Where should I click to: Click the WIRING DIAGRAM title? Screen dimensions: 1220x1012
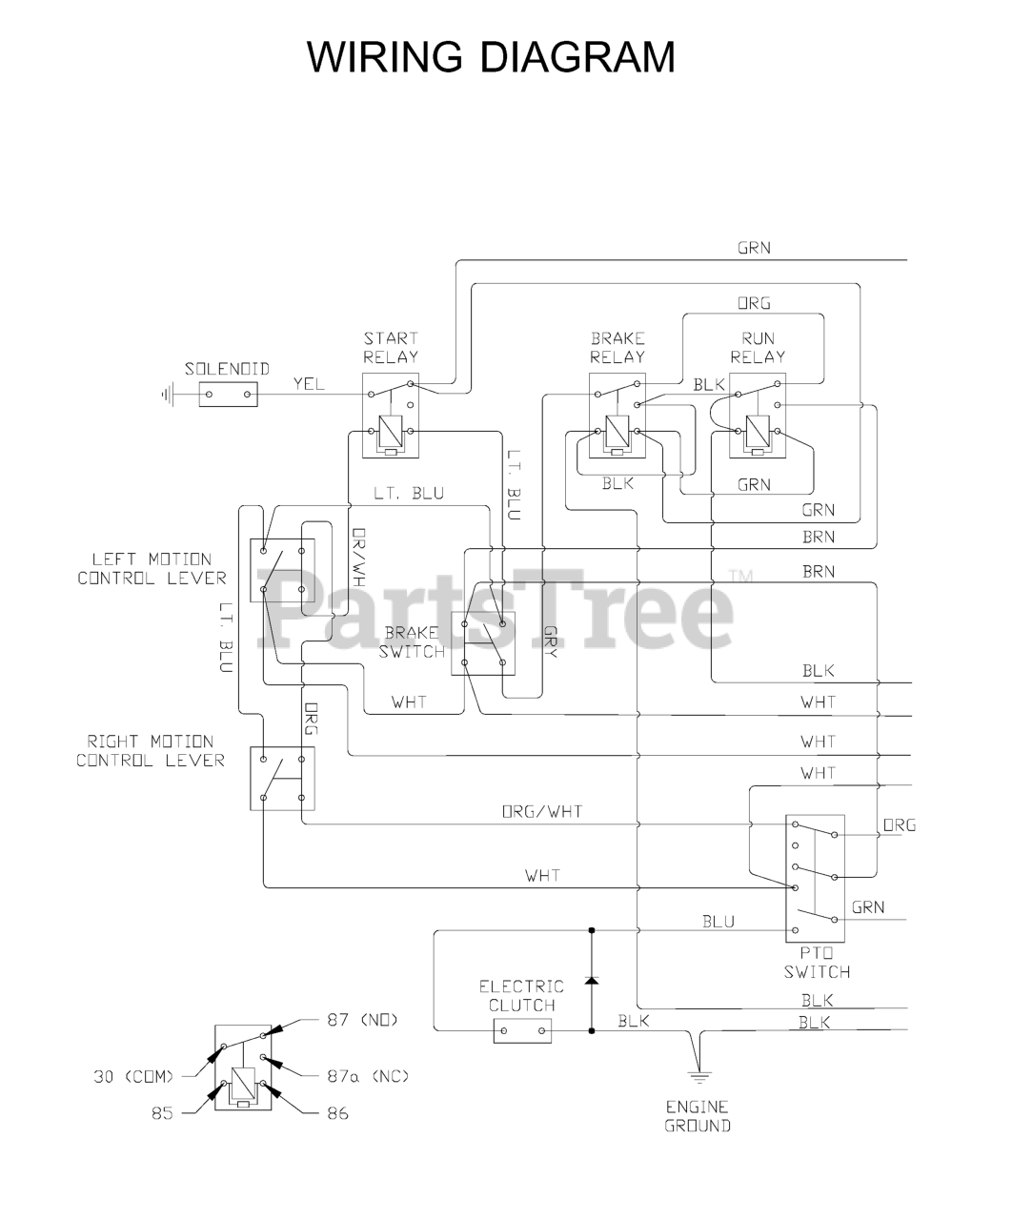(491, 57)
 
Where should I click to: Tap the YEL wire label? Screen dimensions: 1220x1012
(309, 383)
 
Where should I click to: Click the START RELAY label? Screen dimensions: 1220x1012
(391, 347)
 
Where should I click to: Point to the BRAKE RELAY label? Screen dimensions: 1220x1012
(617, 347)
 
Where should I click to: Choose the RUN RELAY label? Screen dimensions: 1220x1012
(758, 347)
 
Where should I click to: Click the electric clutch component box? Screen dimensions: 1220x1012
(522, 1030)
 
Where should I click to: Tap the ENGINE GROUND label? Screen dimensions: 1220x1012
(698, 1116)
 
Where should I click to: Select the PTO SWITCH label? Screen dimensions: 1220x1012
(817, 963)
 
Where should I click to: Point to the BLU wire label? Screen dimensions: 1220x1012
(719, 921)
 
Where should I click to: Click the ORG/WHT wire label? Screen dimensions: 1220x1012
(542, 812)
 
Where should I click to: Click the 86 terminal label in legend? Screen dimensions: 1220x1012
(337, 1112)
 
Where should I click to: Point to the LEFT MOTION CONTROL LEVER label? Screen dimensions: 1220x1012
(152, 568)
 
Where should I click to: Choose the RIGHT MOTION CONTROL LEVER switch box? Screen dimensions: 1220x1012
(282, 779)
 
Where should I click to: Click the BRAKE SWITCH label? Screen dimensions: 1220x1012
(412, 642)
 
